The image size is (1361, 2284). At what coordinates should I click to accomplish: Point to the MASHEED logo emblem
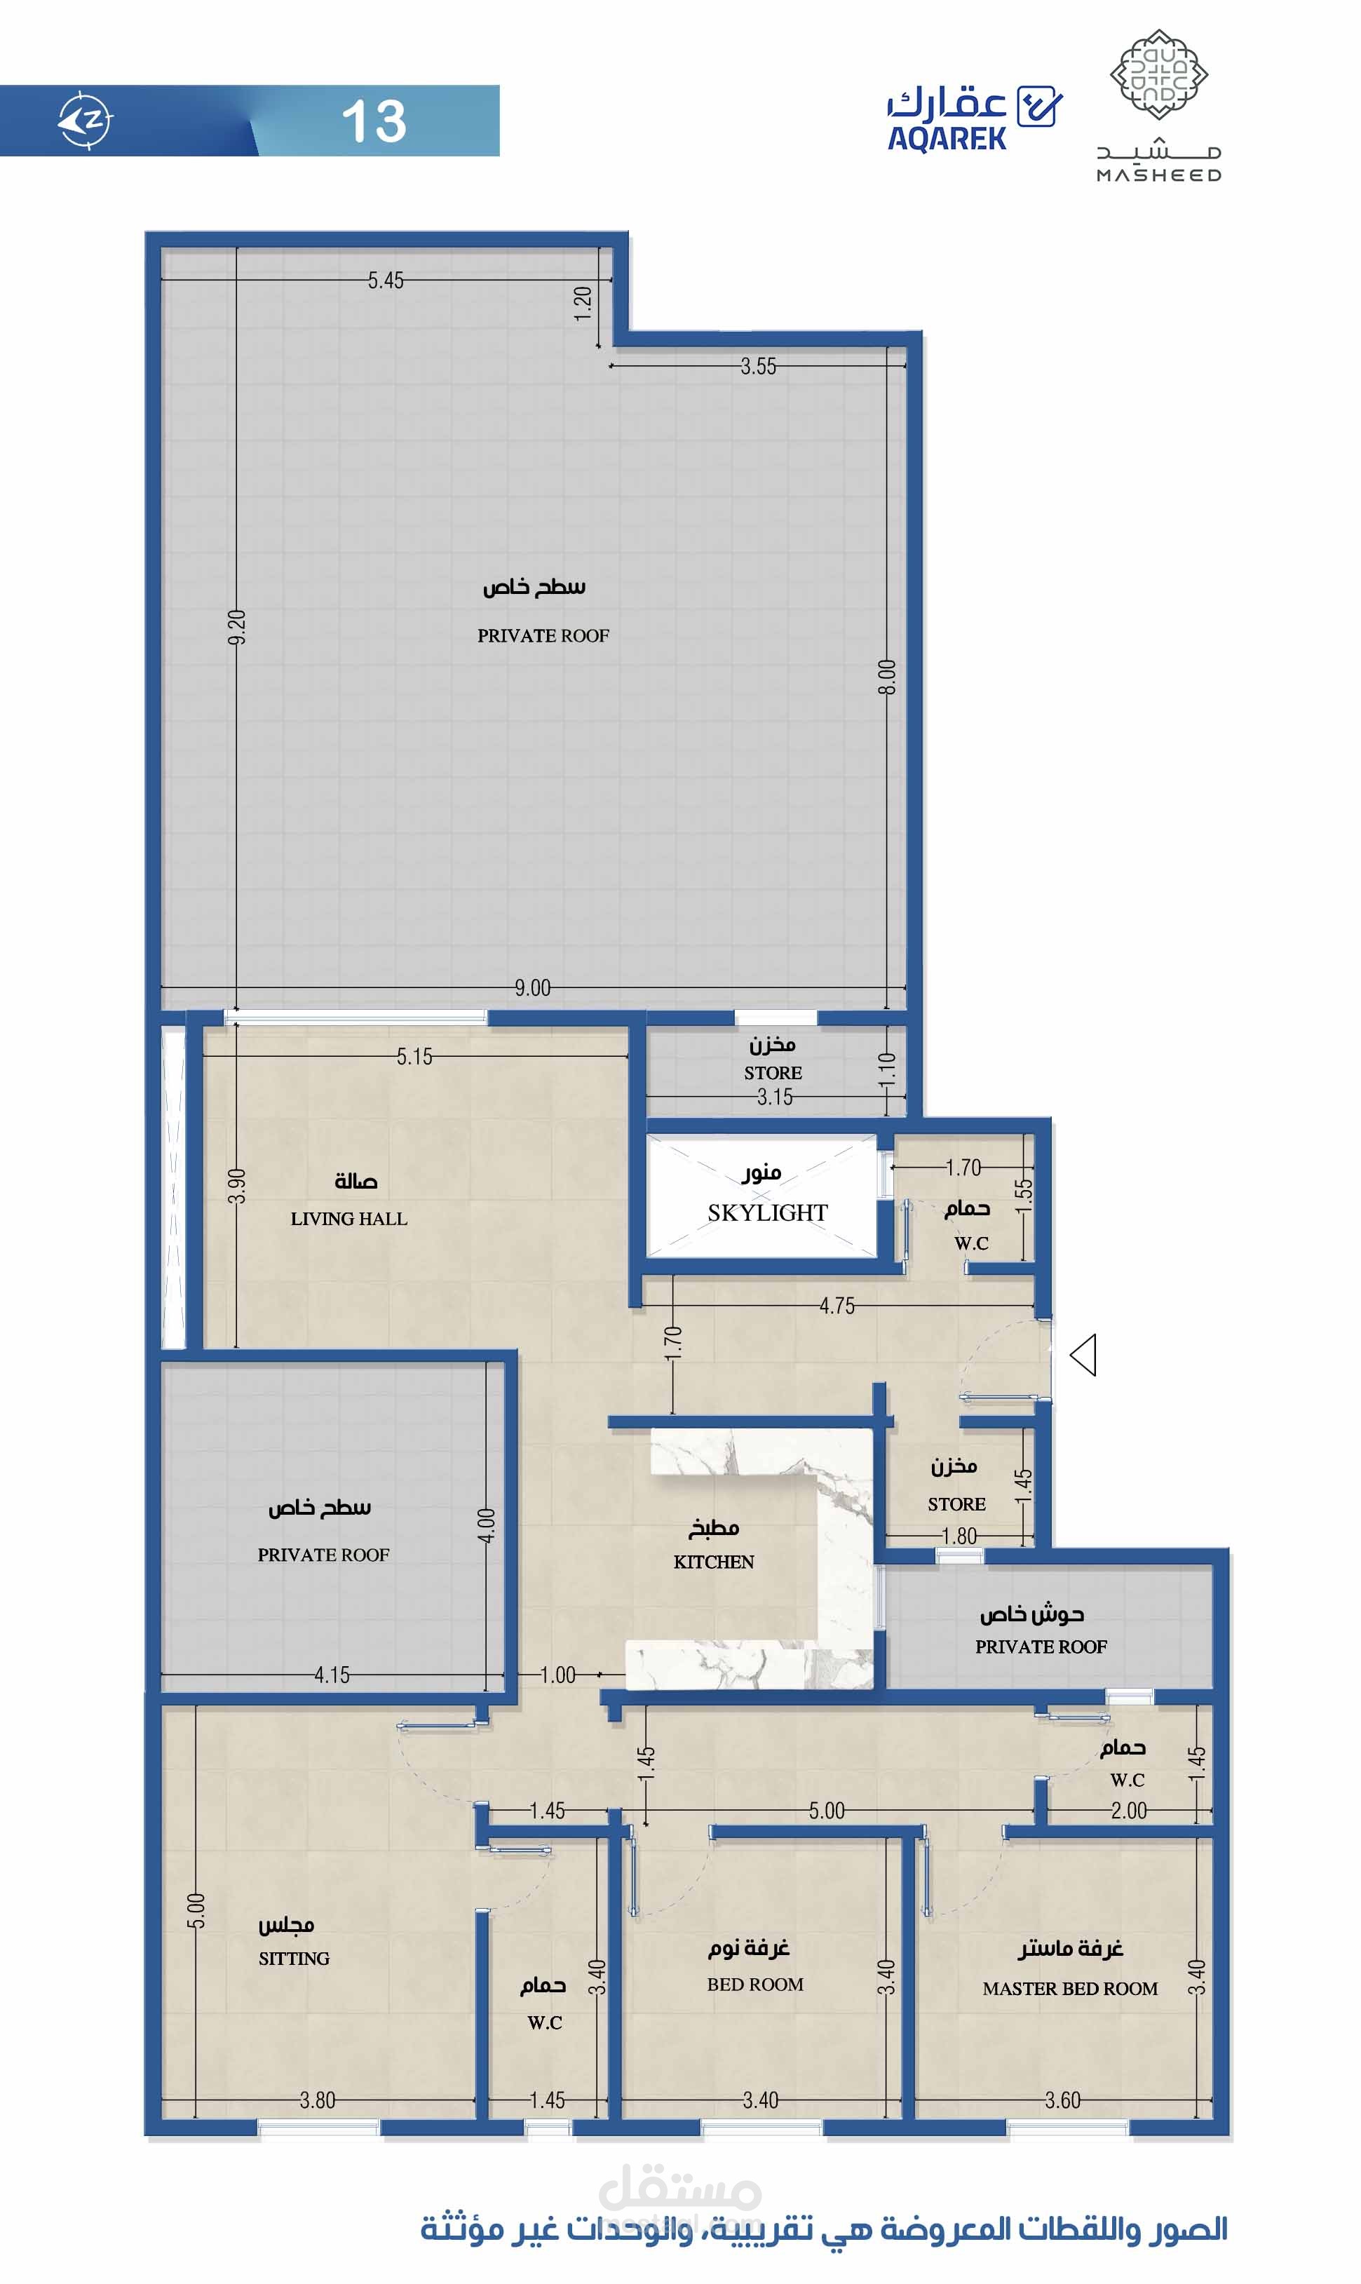click(x=1158, y=74)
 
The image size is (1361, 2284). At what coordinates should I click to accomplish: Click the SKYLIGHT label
click(x=768, y=1212)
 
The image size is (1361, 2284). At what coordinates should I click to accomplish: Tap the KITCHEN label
click(x=714, y=1561)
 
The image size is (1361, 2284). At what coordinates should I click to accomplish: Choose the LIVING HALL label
click(x=348, y=1218)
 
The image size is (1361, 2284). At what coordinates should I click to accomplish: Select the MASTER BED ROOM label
click(x=1070, y=1989)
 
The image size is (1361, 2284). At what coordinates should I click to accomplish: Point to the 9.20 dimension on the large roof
click(x=236, y=628)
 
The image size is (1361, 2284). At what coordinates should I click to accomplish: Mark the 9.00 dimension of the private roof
click(x=533, y=988)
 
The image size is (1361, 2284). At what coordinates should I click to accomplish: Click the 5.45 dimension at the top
click(x=386, y=281)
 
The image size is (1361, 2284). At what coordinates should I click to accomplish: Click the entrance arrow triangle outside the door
click(x=1083, y=1355)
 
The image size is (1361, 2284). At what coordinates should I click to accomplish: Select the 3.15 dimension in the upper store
click(x=775, y=1097)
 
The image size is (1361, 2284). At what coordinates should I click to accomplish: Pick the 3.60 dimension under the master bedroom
click(x=1063, y=2100)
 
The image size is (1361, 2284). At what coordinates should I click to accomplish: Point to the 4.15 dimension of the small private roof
click(x=332, y=1675)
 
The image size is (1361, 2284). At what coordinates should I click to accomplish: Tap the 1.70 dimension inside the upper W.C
click(x=964, y=1168)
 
